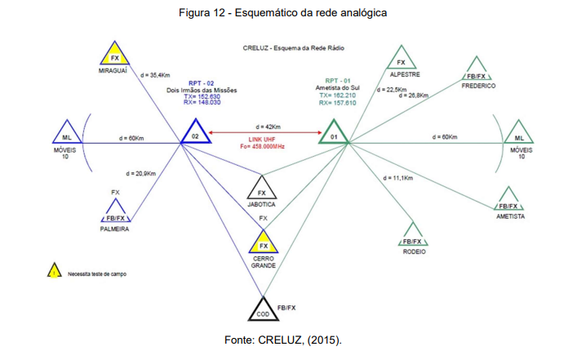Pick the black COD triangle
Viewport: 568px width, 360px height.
pos(263,311)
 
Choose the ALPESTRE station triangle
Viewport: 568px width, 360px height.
pos(400,60)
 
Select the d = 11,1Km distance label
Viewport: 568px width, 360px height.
pos(396,178)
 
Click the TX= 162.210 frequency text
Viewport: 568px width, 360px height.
pos(337,96)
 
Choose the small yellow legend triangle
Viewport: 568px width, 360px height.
pos(54,273)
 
